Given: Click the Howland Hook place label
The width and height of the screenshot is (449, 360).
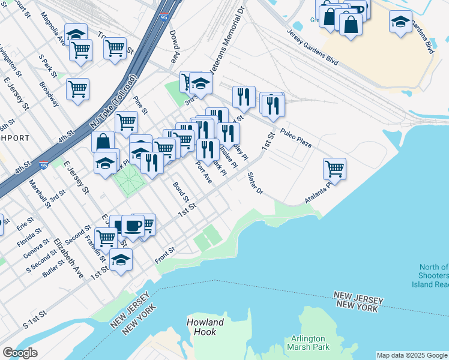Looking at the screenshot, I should [x=205, y=326].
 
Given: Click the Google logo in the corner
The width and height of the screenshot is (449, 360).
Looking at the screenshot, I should [x=20, y=353].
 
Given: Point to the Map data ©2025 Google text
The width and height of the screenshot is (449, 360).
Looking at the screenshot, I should [x=411, y=355].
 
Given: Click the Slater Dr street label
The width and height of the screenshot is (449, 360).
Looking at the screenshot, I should [x=256, y=184].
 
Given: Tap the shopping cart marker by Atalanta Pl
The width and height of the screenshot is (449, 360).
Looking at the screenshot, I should [x=334, y=168].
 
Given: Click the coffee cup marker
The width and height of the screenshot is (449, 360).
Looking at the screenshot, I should [x=133, y=226].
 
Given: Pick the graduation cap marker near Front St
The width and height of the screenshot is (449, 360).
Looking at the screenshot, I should [x=121, y=260].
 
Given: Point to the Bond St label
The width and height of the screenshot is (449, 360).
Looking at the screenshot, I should [x=181, y=191].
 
